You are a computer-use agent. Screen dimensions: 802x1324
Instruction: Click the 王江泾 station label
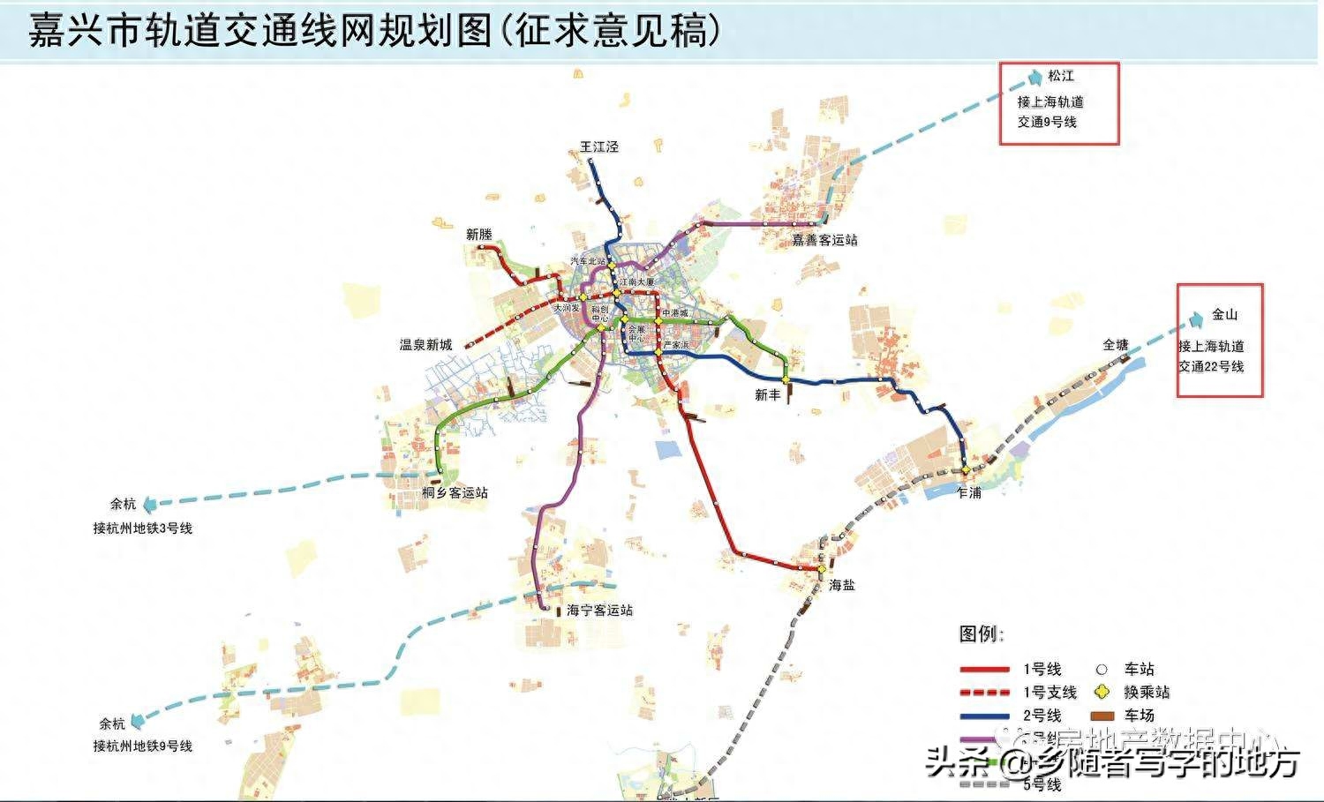click(x=598, y=146)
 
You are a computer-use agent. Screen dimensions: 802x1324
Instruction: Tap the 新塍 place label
click(x=479, y=235)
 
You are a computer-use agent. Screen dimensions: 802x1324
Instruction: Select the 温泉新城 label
click(x=426, y=345)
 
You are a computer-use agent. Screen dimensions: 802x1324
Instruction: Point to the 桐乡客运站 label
click(x=455, y=492)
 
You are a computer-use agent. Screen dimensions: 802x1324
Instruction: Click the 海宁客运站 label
click(x=600, y=611)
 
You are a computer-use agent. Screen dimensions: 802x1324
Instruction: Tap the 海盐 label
click(x=842, y=585)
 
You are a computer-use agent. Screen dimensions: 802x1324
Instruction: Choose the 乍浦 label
click(x=969, y=492)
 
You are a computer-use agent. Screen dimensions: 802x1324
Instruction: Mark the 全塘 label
click(x=1116, y=345)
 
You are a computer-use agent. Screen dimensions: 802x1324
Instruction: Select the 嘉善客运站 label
click(x=824, y=240)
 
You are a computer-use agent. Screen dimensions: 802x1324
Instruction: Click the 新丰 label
click(x=768, y=395)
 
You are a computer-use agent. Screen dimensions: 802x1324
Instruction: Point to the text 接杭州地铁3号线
click(x=143, y=528)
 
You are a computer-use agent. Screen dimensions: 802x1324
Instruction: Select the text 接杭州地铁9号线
click(x=143, y=746)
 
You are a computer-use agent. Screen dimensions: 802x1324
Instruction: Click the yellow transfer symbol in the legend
click(x=1101, y=692)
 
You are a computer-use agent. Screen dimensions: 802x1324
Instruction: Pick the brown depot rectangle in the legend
click(x=1101, y=716)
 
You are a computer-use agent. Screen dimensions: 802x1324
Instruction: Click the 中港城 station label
click(x=674, y=313)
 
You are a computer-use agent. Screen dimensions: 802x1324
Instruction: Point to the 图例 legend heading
click(x=982, y=633)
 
